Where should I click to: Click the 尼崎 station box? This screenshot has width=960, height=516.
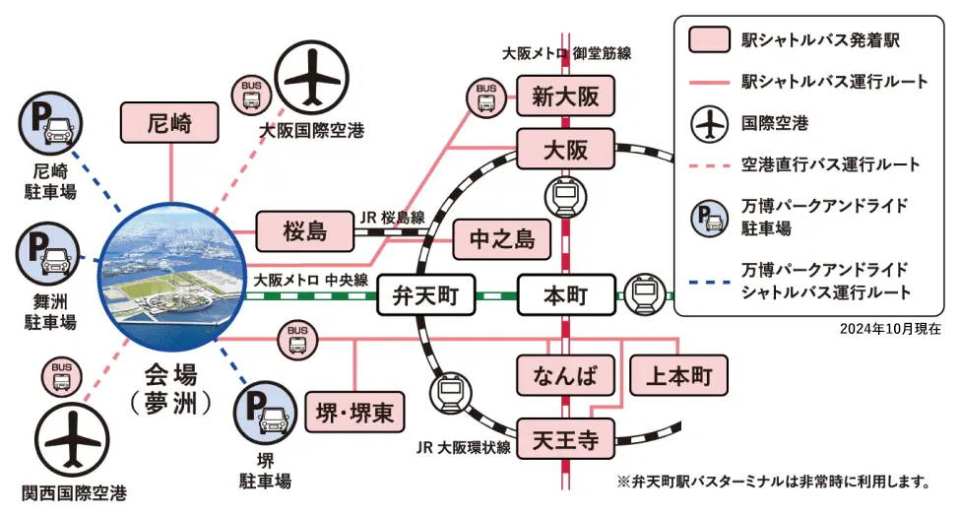(169, 123)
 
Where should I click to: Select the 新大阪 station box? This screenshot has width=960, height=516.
(565, 97)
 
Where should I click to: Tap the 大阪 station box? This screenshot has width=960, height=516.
(565, 150)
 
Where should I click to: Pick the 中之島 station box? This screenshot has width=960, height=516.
(501, 239)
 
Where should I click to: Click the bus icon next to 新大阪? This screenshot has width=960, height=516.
(486, 97)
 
